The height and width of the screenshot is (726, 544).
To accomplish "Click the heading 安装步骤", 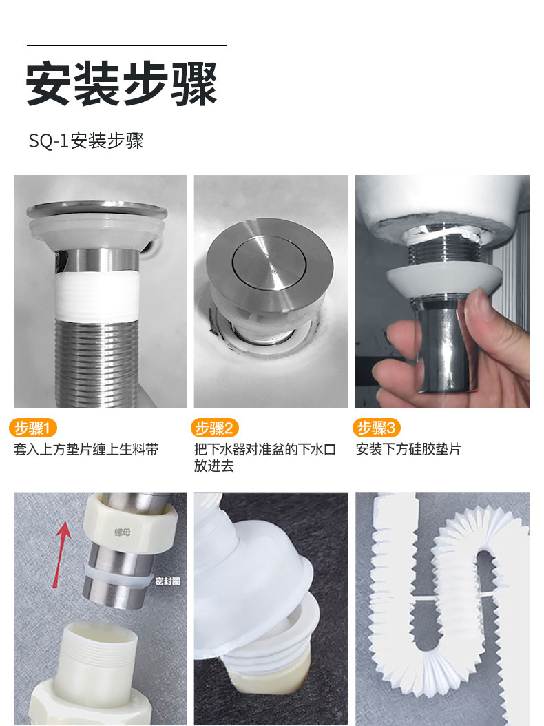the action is [121, 84].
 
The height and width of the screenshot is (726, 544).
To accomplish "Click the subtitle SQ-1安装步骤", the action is [86, 141].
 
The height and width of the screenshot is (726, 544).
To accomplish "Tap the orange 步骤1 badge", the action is [33, 428].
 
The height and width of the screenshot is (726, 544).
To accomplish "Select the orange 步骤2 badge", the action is [214, 428].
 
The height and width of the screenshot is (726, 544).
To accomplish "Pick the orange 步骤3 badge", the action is [377, 428].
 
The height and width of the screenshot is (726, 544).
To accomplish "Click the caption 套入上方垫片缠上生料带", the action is [86, 449].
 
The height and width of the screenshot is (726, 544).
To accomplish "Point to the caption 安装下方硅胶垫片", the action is [408, 449].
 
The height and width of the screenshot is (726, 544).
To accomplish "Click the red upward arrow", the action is [61, 554].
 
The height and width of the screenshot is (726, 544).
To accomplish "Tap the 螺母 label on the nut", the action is [123, 532].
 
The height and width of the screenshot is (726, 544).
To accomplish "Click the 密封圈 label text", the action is [167, 581].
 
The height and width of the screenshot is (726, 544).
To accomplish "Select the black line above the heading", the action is [127, 45].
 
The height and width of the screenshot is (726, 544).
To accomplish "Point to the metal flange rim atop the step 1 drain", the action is [97, 211].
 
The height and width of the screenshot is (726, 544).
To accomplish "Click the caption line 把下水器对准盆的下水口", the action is [265, 449].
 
